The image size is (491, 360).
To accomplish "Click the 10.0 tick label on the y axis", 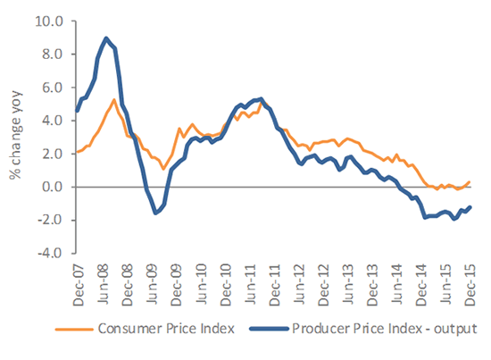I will coord(49,21).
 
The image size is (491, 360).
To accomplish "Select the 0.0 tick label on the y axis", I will coord(52,187).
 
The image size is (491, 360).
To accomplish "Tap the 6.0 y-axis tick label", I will coord(52,87).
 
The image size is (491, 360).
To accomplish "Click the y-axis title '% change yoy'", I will coord(15,136).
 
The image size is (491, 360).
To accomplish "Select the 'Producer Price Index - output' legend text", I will coord(383,329).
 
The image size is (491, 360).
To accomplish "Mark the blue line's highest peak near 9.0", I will coord(106,38).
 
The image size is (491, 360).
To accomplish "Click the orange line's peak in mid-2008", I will coord(114,99).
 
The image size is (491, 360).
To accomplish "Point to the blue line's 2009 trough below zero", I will coord(155,213).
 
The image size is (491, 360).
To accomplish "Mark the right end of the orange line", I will coord(470,181).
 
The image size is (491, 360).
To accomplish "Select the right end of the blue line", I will coord(470,207).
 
